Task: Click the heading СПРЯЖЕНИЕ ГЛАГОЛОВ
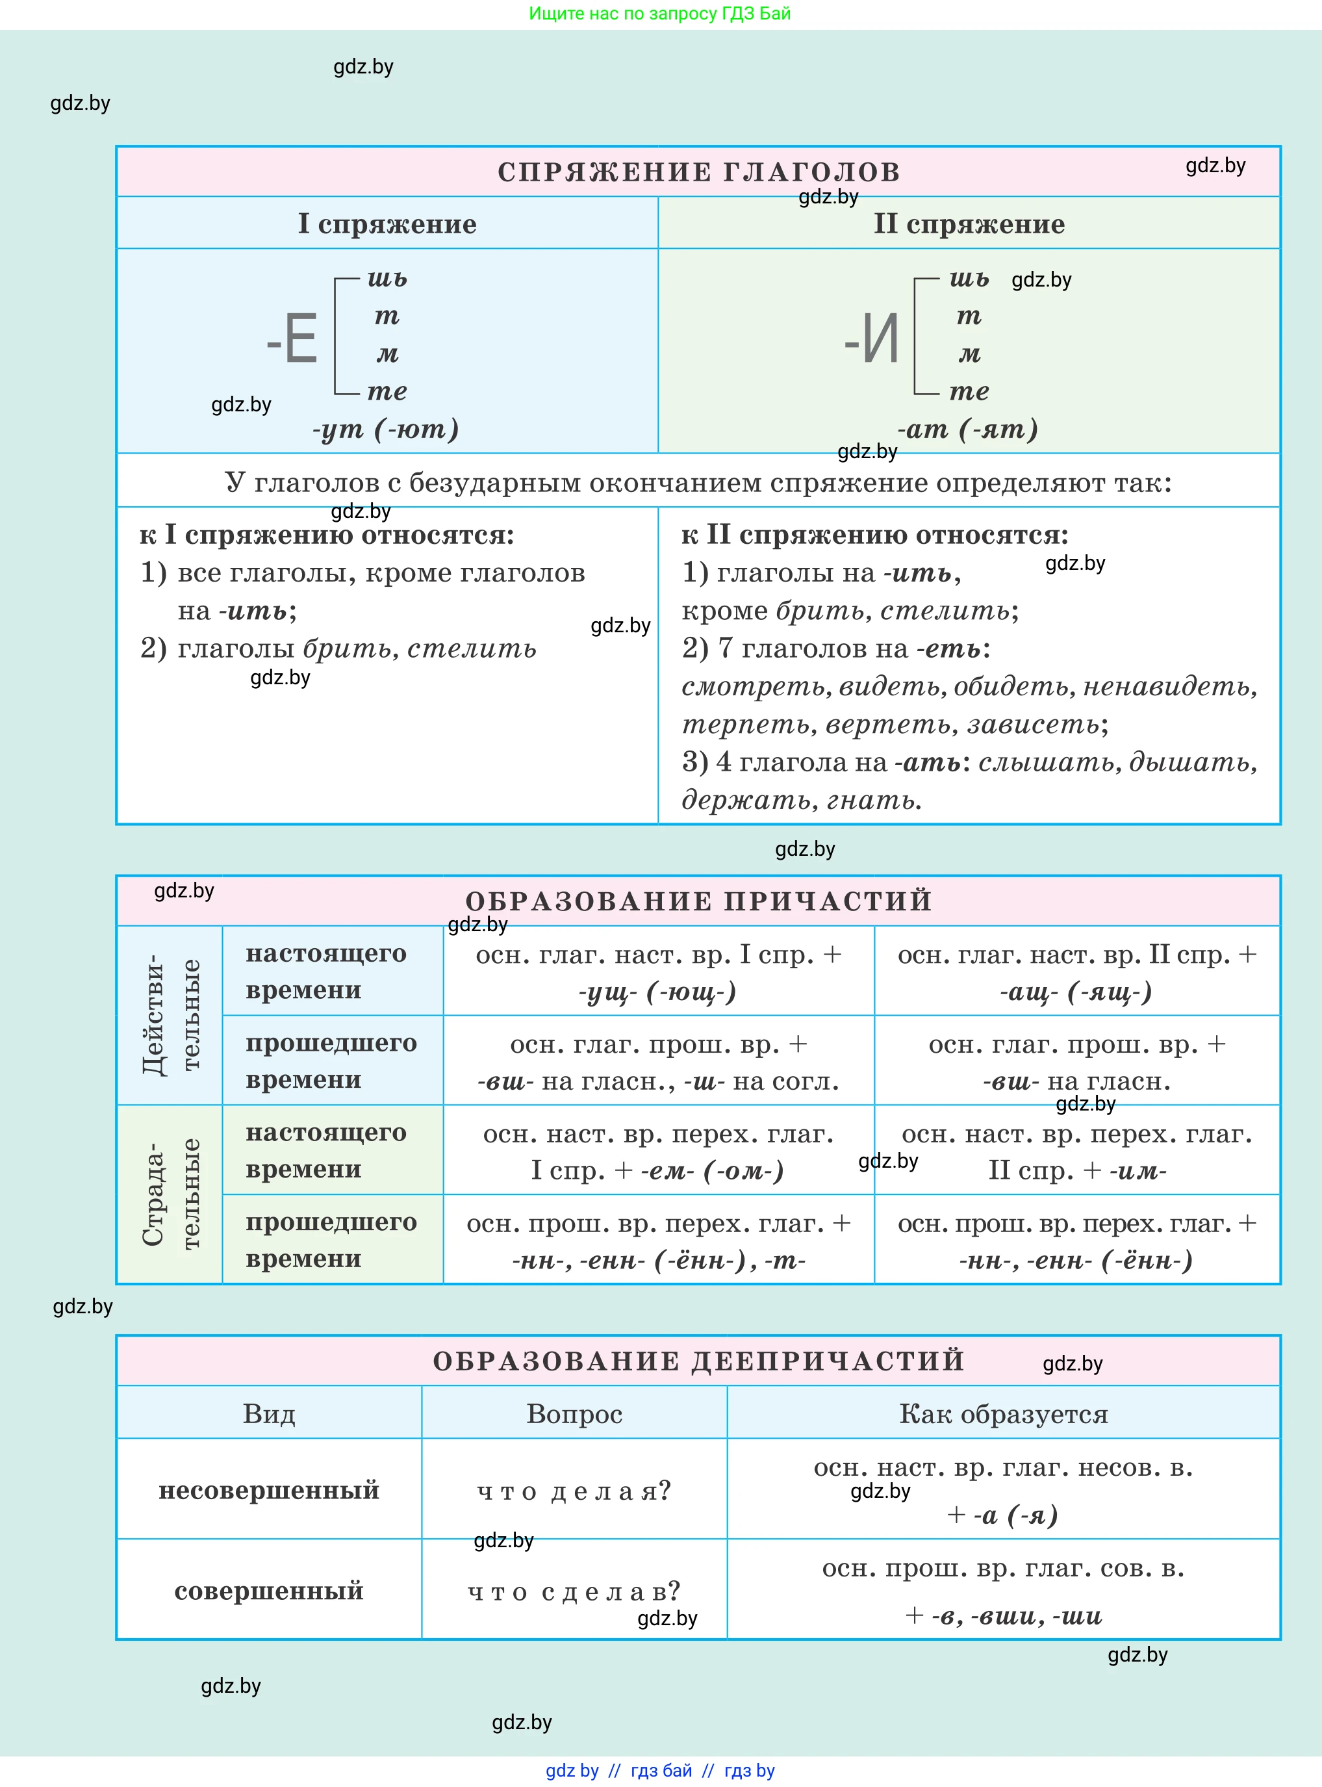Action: point(698,172)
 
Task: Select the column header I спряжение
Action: point(387,224)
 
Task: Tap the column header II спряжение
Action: point(969,224)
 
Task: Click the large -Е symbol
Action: point(293,339)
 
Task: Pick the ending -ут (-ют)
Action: point(386,430)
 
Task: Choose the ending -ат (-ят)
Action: point(967,430)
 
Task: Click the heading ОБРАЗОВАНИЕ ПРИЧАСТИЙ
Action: point(698,901)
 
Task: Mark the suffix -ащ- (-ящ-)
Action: point(1076,992)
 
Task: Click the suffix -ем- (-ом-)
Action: point(712,1171)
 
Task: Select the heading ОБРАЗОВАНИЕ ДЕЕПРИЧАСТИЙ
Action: point(698,1361)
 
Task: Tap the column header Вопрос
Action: point(574,1414)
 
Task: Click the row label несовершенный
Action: point(269,1490)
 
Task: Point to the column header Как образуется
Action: point(1004,1414)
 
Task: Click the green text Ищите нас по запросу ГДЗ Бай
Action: point(659,14)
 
